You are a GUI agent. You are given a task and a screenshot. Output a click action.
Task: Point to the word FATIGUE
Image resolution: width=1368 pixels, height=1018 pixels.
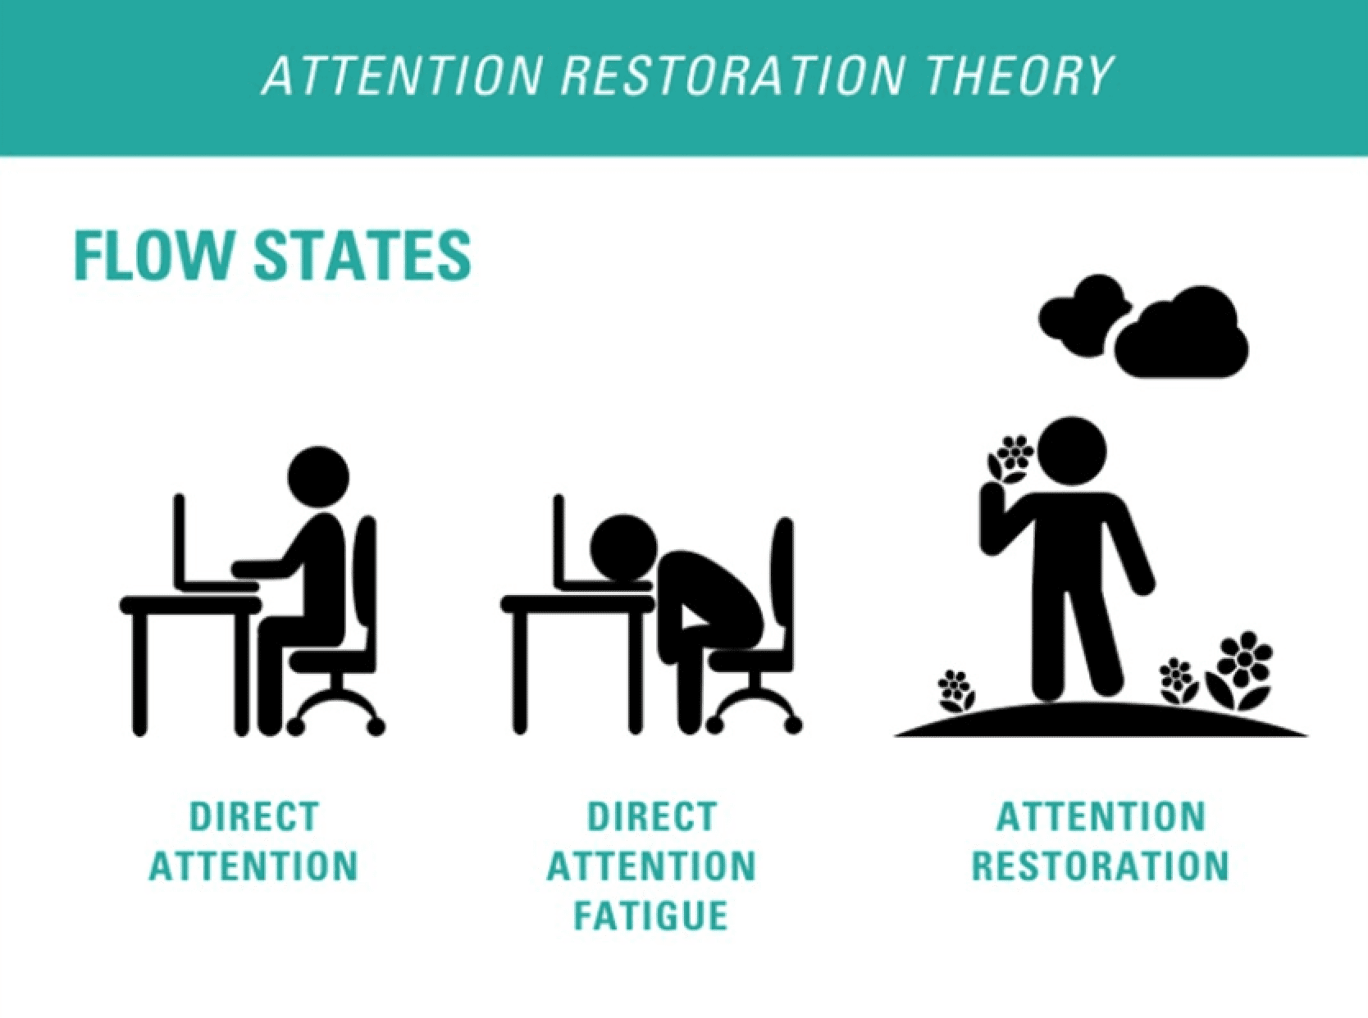(651, 916)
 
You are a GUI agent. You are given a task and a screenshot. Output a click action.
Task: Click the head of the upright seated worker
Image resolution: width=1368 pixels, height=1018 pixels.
(318, 477)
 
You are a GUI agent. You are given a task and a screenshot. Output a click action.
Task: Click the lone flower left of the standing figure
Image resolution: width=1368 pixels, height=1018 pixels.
(955, 690)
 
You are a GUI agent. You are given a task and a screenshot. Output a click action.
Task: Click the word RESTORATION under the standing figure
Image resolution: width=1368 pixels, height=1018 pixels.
(1101, 866)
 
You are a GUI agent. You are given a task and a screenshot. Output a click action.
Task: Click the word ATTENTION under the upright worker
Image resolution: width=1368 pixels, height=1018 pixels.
(254, 866)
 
